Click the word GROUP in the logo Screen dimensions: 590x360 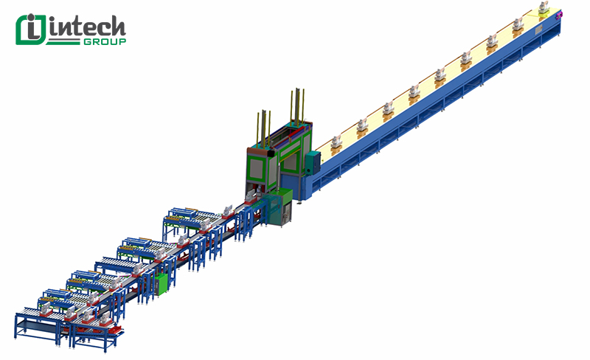105,41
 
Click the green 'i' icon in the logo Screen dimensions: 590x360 31,30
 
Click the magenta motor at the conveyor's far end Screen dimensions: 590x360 560,15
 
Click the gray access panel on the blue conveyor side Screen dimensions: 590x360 539,29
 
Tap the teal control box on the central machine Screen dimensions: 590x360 313,162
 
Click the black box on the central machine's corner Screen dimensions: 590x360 271,153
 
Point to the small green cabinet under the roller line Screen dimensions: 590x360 161,285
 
